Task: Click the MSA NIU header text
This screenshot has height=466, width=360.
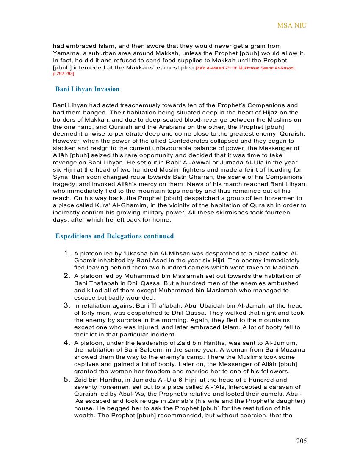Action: (292, 25)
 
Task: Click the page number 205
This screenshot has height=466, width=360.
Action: (301, 441)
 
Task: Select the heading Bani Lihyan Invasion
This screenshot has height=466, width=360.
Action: (88, 89)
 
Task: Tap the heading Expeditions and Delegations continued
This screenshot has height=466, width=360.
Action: (115, 236)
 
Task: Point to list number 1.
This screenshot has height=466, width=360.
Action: (67, 253)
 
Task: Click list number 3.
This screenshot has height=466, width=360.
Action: (67, 305)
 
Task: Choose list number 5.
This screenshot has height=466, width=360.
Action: (67, 379)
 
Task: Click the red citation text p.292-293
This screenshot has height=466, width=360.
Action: (64, 74)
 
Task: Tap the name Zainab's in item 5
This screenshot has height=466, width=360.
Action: (193, 401)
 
